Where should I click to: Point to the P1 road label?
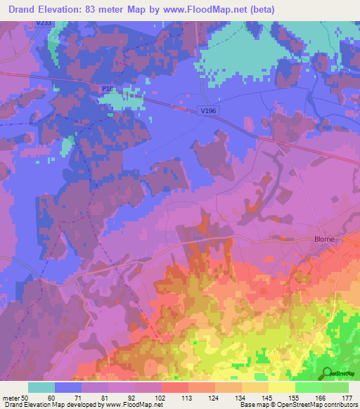click(x=105, y=89)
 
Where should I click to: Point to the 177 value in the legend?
click(x=347, y=398)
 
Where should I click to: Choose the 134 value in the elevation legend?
click(x=240, y=398)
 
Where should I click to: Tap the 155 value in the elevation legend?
click(x=293, y=398)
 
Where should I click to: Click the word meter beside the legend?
click(x=11, y=398)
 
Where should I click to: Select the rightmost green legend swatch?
click(x=335, y=387)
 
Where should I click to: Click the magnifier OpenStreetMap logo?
click(x=326, y=372)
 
